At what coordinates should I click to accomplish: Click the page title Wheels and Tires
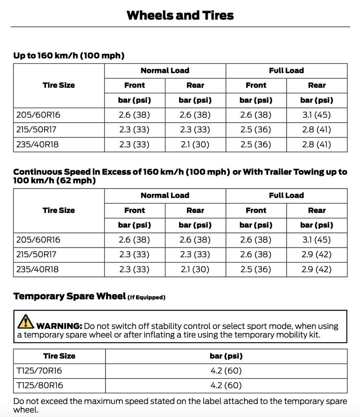180,15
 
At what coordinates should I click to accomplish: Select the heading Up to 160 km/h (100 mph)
69,55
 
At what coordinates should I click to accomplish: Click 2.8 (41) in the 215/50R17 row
316,130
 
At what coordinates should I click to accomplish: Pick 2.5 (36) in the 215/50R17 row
256,130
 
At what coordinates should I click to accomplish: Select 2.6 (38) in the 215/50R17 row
256,255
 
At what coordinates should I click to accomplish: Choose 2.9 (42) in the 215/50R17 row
316,255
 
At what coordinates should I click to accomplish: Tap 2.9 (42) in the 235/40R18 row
316,269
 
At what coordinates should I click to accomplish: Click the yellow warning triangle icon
26,321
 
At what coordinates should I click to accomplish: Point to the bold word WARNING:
59,326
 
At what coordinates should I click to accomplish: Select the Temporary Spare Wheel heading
69,296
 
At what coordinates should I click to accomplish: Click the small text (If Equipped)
147,297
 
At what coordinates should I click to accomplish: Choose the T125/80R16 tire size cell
40,385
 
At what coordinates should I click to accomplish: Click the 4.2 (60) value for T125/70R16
226,371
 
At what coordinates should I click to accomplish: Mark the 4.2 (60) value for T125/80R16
226,385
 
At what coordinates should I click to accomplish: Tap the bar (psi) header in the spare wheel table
226,356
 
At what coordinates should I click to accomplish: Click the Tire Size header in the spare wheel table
59,356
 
